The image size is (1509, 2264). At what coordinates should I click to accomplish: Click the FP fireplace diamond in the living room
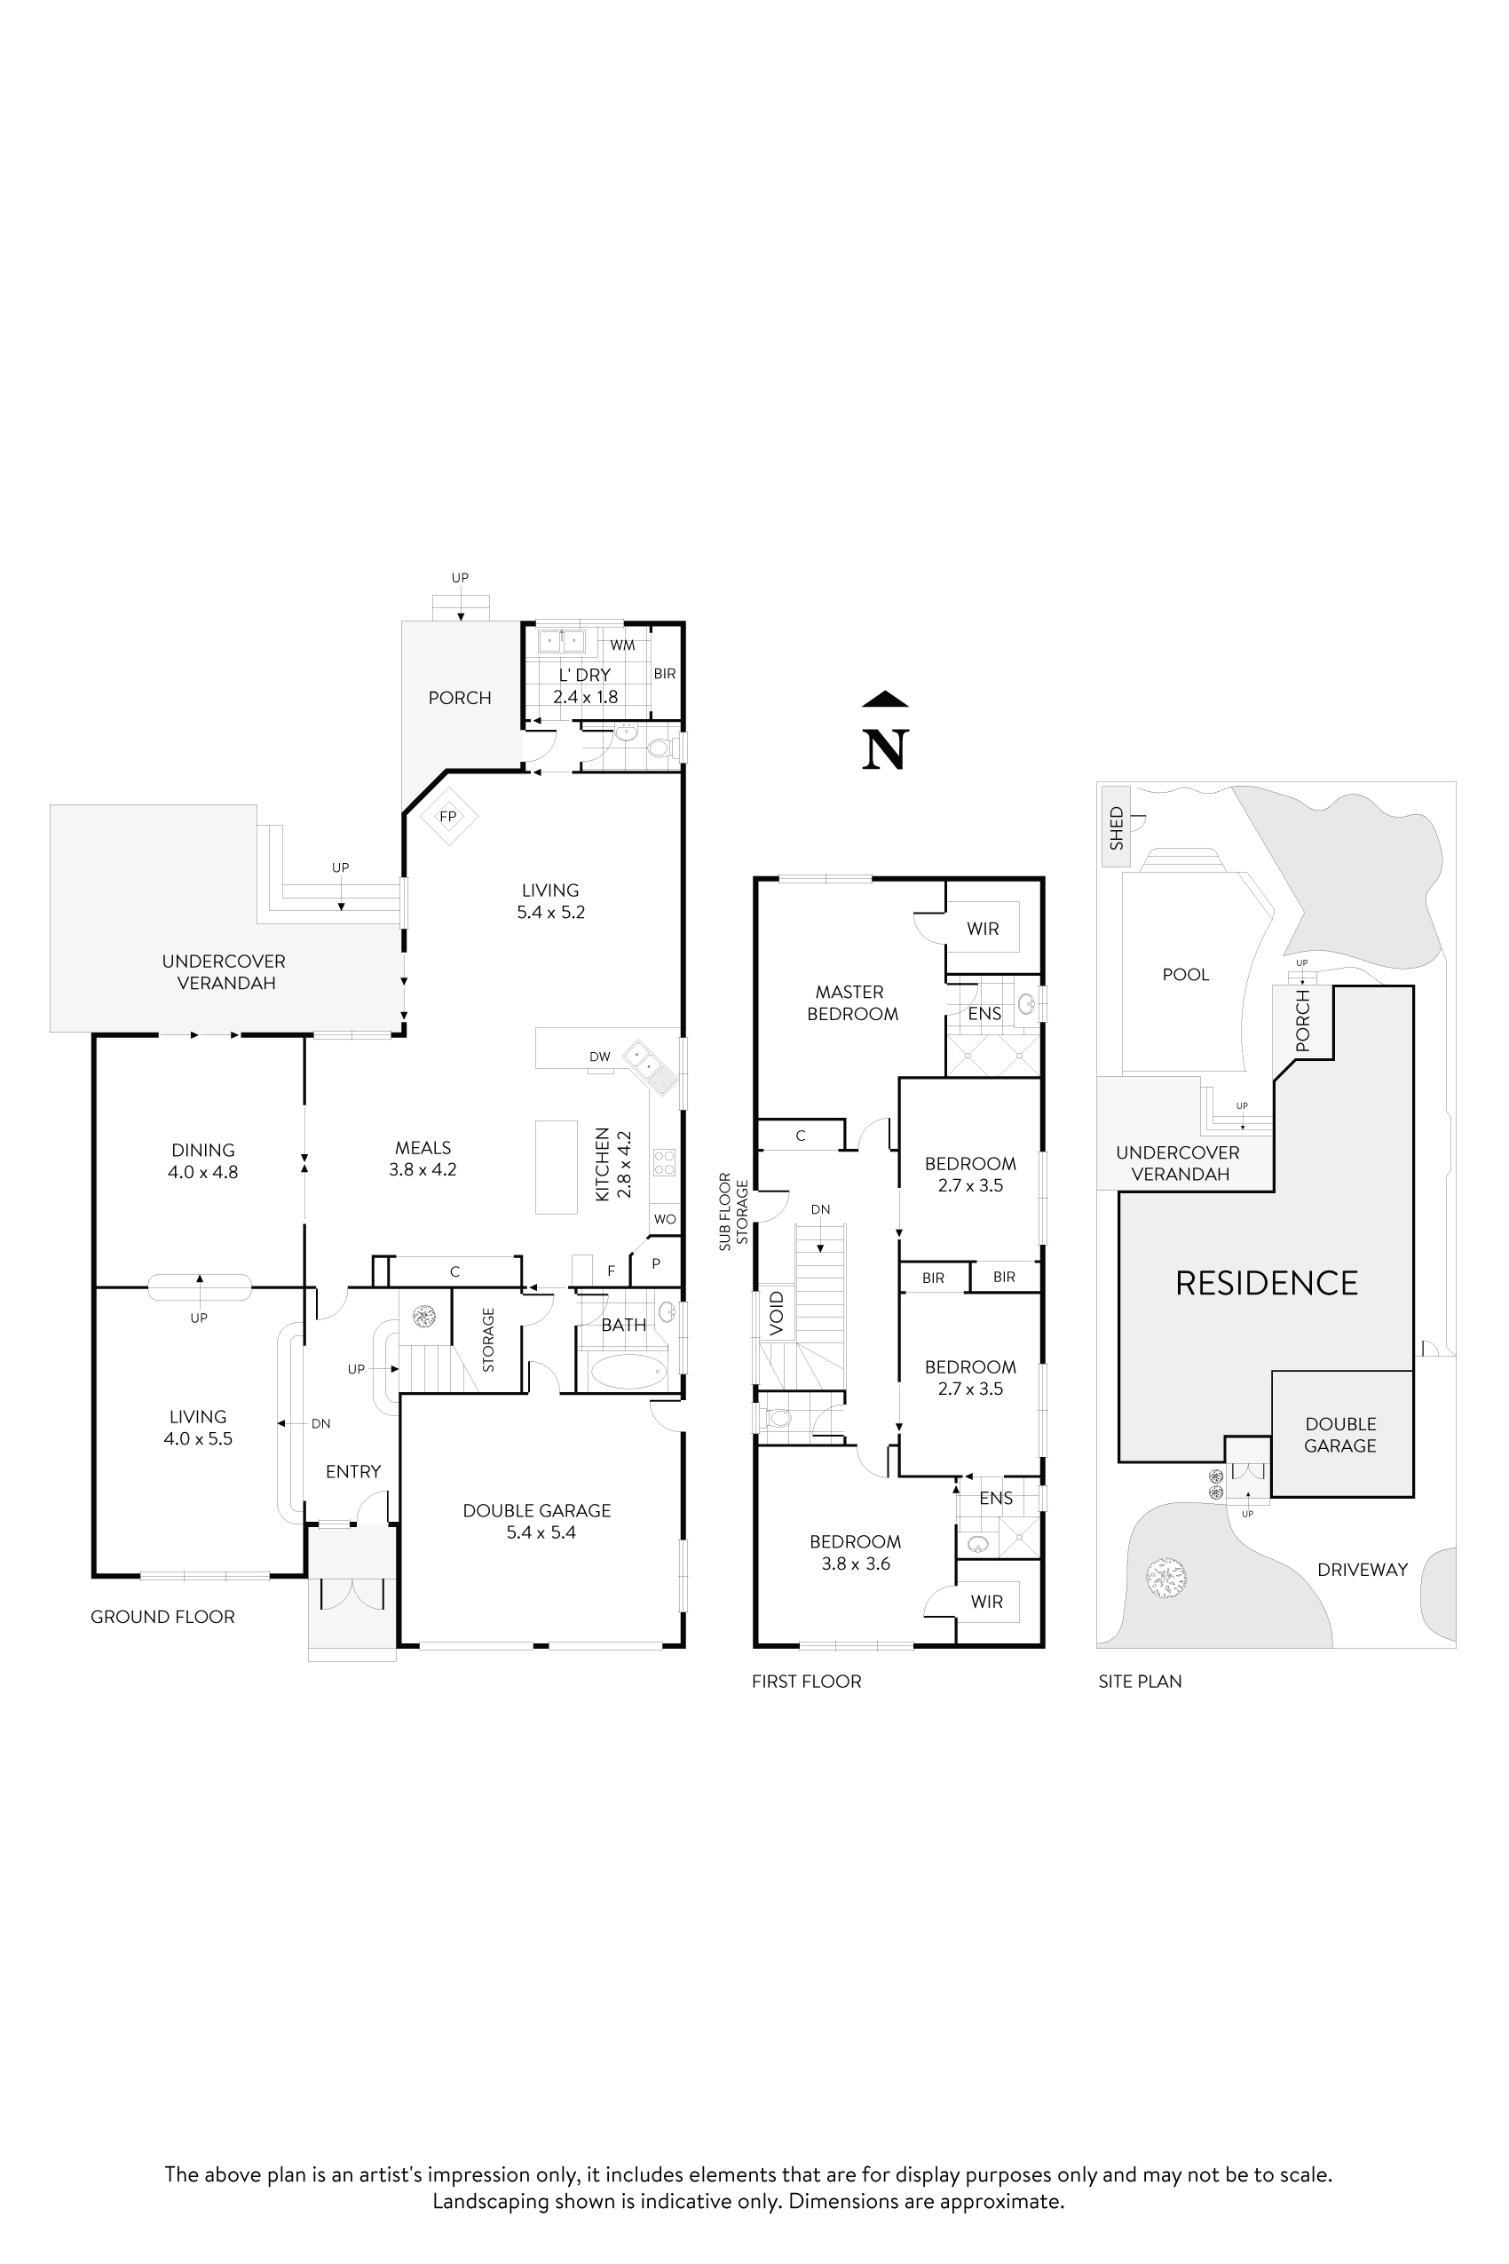[447, 816]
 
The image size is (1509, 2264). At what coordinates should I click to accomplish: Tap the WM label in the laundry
[621, 645]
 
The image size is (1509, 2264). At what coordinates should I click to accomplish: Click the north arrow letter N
[885, 750]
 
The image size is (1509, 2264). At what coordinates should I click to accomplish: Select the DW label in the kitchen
[599, 1056]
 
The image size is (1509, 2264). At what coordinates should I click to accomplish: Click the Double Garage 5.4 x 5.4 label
[537, 1521]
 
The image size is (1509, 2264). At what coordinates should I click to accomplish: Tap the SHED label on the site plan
[1117, 827]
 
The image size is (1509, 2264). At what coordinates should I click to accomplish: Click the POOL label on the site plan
[1186, 974]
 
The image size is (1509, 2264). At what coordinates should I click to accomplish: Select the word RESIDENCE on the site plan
[1267, 1282]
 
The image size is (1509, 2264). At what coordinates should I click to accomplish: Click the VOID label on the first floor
[778, 1314]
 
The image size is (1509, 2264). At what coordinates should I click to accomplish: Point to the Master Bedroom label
[852, 1002]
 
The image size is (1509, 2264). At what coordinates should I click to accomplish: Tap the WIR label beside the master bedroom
[983, 928]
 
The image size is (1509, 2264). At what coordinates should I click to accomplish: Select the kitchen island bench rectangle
[556, 1167]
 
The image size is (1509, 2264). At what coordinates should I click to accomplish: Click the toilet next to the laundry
[660, 747]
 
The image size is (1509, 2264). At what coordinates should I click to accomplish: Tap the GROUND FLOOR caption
[162, 1616]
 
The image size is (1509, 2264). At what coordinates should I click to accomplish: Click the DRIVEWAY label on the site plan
[1362, 1569]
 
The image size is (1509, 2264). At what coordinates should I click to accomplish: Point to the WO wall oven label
[664, 1219]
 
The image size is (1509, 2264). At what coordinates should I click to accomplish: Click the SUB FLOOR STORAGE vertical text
[733, 1211]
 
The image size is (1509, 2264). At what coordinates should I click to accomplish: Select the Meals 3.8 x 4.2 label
[423, 1158]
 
